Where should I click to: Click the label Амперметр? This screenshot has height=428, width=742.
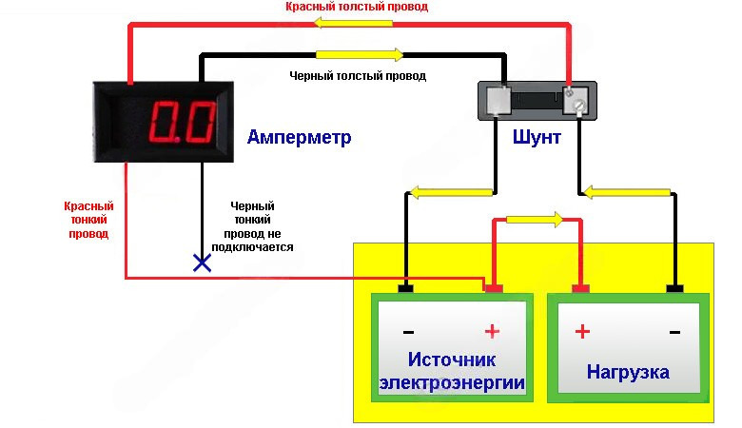[299, 138]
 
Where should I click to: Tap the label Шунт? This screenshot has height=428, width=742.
[536, 138]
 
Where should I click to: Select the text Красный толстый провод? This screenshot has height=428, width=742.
[357, 7]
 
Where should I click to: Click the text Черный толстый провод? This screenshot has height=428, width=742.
[358, 74]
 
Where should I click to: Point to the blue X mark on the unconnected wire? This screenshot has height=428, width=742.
[202, 263]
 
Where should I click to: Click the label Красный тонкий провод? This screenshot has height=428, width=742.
[88, 220]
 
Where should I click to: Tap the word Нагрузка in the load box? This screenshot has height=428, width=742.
[628, 371]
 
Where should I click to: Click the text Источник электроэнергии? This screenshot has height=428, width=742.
[452, 371]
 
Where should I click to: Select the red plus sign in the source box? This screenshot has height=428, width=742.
[492, 332]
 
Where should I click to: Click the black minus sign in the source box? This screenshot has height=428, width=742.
[408, 332]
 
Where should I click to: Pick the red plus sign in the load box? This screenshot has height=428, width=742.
[582, 332]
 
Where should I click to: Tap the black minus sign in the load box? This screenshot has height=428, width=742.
[674, 332]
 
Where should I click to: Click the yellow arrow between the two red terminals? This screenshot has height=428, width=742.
[536, 219]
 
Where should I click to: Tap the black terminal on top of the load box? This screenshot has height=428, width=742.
[675, 287]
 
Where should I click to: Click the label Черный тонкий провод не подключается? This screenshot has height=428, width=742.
[258, 225]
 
